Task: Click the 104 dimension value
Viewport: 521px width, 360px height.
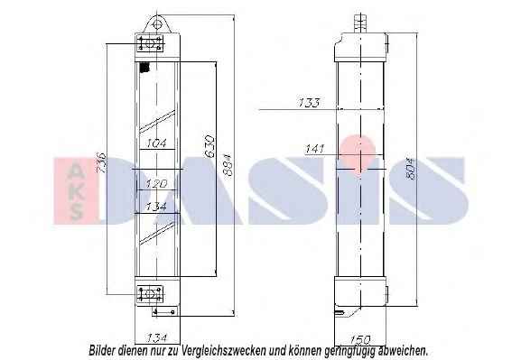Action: click(x=156, y=143)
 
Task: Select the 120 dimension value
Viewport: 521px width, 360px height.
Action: click(x=156, y=183)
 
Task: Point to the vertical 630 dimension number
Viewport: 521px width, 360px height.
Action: click(x=210, y=146)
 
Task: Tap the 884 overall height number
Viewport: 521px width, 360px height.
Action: click(x=228, y=165)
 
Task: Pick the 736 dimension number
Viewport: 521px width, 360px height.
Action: click(x=101, y=162)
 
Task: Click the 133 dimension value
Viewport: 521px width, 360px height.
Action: click(x=309, y=102)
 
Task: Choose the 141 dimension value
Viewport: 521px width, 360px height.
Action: click(x=315, y=149)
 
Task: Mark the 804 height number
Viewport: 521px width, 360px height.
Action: click(x=411, y=169)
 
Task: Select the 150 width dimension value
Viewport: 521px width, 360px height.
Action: click(x=360, y=339)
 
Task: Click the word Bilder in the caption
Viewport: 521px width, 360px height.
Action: click(x=102, y=350)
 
